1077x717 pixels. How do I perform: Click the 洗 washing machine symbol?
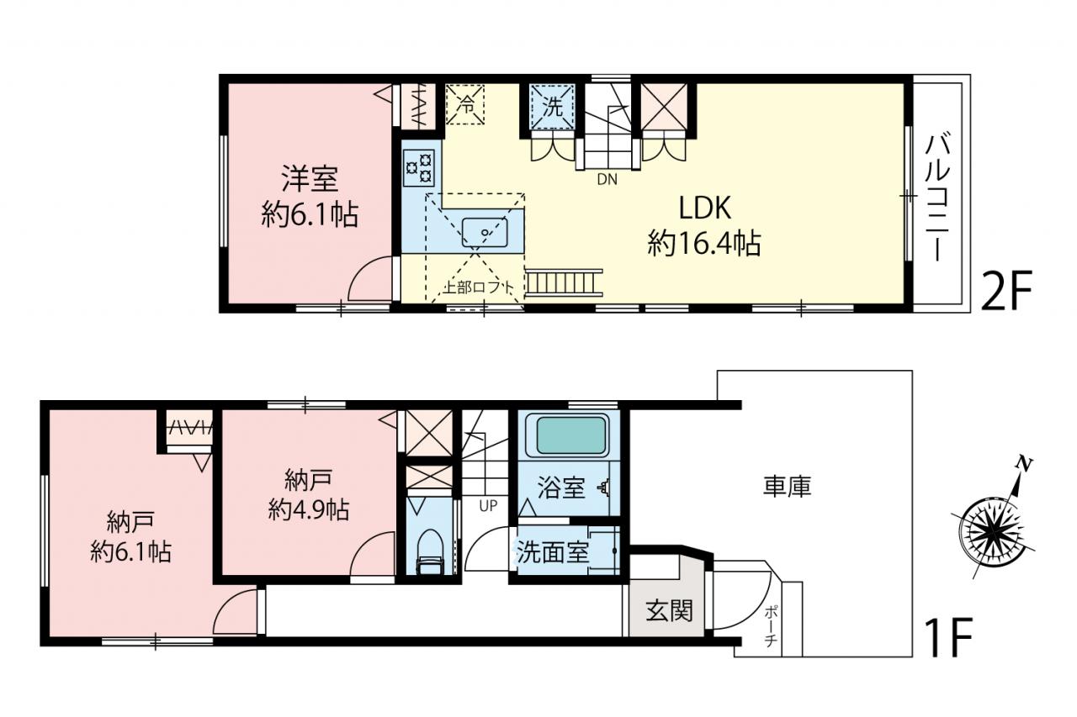(552, 107)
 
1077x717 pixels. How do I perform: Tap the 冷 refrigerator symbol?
(465, 104)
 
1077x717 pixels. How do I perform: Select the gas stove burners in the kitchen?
(420, 167)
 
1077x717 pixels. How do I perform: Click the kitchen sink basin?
(485, 233)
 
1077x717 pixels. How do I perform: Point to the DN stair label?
(607, 180)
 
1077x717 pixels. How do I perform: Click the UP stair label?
(487, 505)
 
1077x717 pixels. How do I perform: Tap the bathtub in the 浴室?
(570, 435)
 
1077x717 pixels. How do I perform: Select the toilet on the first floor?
(430, 551)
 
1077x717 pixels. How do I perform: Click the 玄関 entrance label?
(669, 611)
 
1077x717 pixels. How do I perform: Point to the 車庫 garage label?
(787, 486)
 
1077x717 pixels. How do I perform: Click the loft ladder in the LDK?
(564, 282)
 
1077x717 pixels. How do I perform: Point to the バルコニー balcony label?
(937, 198)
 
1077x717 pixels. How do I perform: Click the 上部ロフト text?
(478, 287)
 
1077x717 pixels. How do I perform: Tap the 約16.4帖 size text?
(704, 244)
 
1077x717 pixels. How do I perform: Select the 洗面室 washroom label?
(553, 552)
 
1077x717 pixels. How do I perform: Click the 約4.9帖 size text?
(308, 510)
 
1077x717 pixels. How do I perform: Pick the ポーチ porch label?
(770, 627)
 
